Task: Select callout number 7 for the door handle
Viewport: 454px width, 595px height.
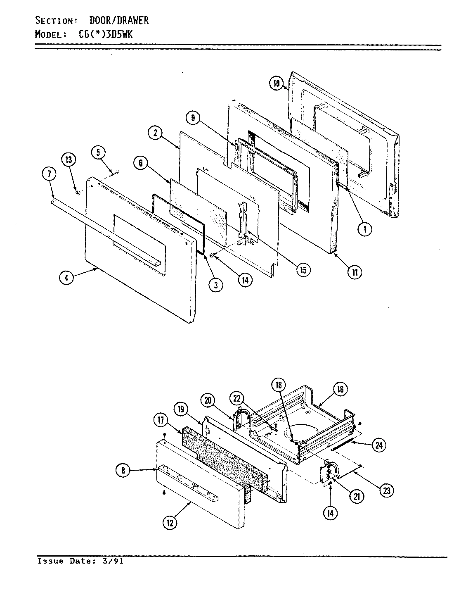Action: pyautogui.click(x=49, y=175)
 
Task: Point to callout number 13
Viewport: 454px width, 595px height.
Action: pyautogui.click(x=69, y=159)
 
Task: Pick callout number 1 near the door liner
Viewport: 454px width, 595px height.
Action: pyautogui.click(x=365, y=229)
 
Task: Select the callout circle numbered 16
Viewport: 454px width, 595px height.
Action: pyautogui.click(x=340, y=389)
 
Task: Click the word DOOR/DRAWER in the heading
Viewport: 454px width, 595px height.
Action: pyautogui.click(x=119, y=21)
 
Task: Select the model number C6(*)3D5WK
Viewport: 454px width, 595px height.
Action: pyautogui.click(x=106, y=35)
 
